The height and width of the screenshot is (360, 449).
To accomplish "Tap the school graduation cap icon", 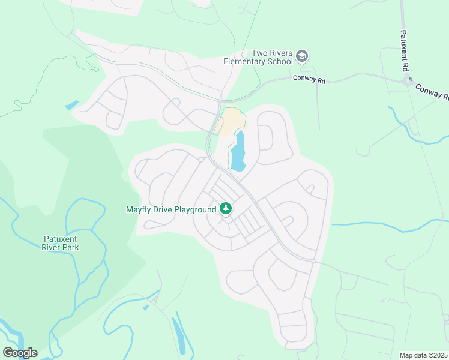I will [x=302, y=57].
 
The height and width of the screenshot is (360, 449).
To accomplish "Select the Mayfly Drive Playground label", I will [x=170, y=209].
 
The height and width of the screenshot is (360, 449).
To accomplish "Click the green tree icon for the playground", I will [x=226, y=209].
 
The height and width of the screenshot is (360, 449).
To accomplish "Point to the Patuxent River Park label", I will [x=61, y=242].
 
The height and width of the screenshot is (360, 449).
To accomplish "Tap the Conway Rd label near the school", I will [x=309, y=79].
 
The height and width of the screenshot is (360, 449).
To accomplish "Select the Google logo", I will [x=20, y=353].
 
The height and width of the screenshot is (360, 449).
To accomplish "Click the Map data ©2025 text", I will [x=423, y=355].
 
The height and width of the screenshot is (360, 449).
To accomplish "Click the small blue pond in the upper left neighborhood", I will [x=72, y=105].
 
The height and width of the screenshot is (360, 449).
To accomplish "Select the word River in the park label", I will [x=52, y=247].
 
